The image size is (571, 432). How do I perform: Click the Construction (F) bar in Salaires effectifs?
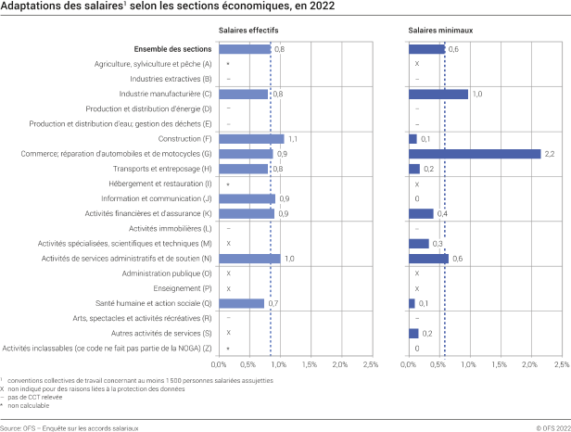point(252,139)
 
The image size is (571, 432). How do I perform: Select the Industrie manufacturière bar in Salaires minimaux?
point(438,94)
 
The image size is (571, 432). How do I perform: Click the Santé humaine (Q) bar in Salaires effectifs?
point(242,303)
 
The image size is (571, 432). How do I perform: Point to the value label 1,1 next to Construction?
point(293,139)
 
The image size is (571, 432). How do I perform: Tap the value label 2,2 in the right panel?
point(549,154)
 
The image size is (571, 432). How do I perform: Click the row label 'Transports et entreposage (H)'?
point(162,169)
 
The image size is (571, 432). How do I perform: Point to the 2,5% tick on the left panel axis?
point(369,365)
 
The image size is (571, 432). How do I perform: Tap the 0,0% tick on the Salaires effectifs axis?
point(220,365)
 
